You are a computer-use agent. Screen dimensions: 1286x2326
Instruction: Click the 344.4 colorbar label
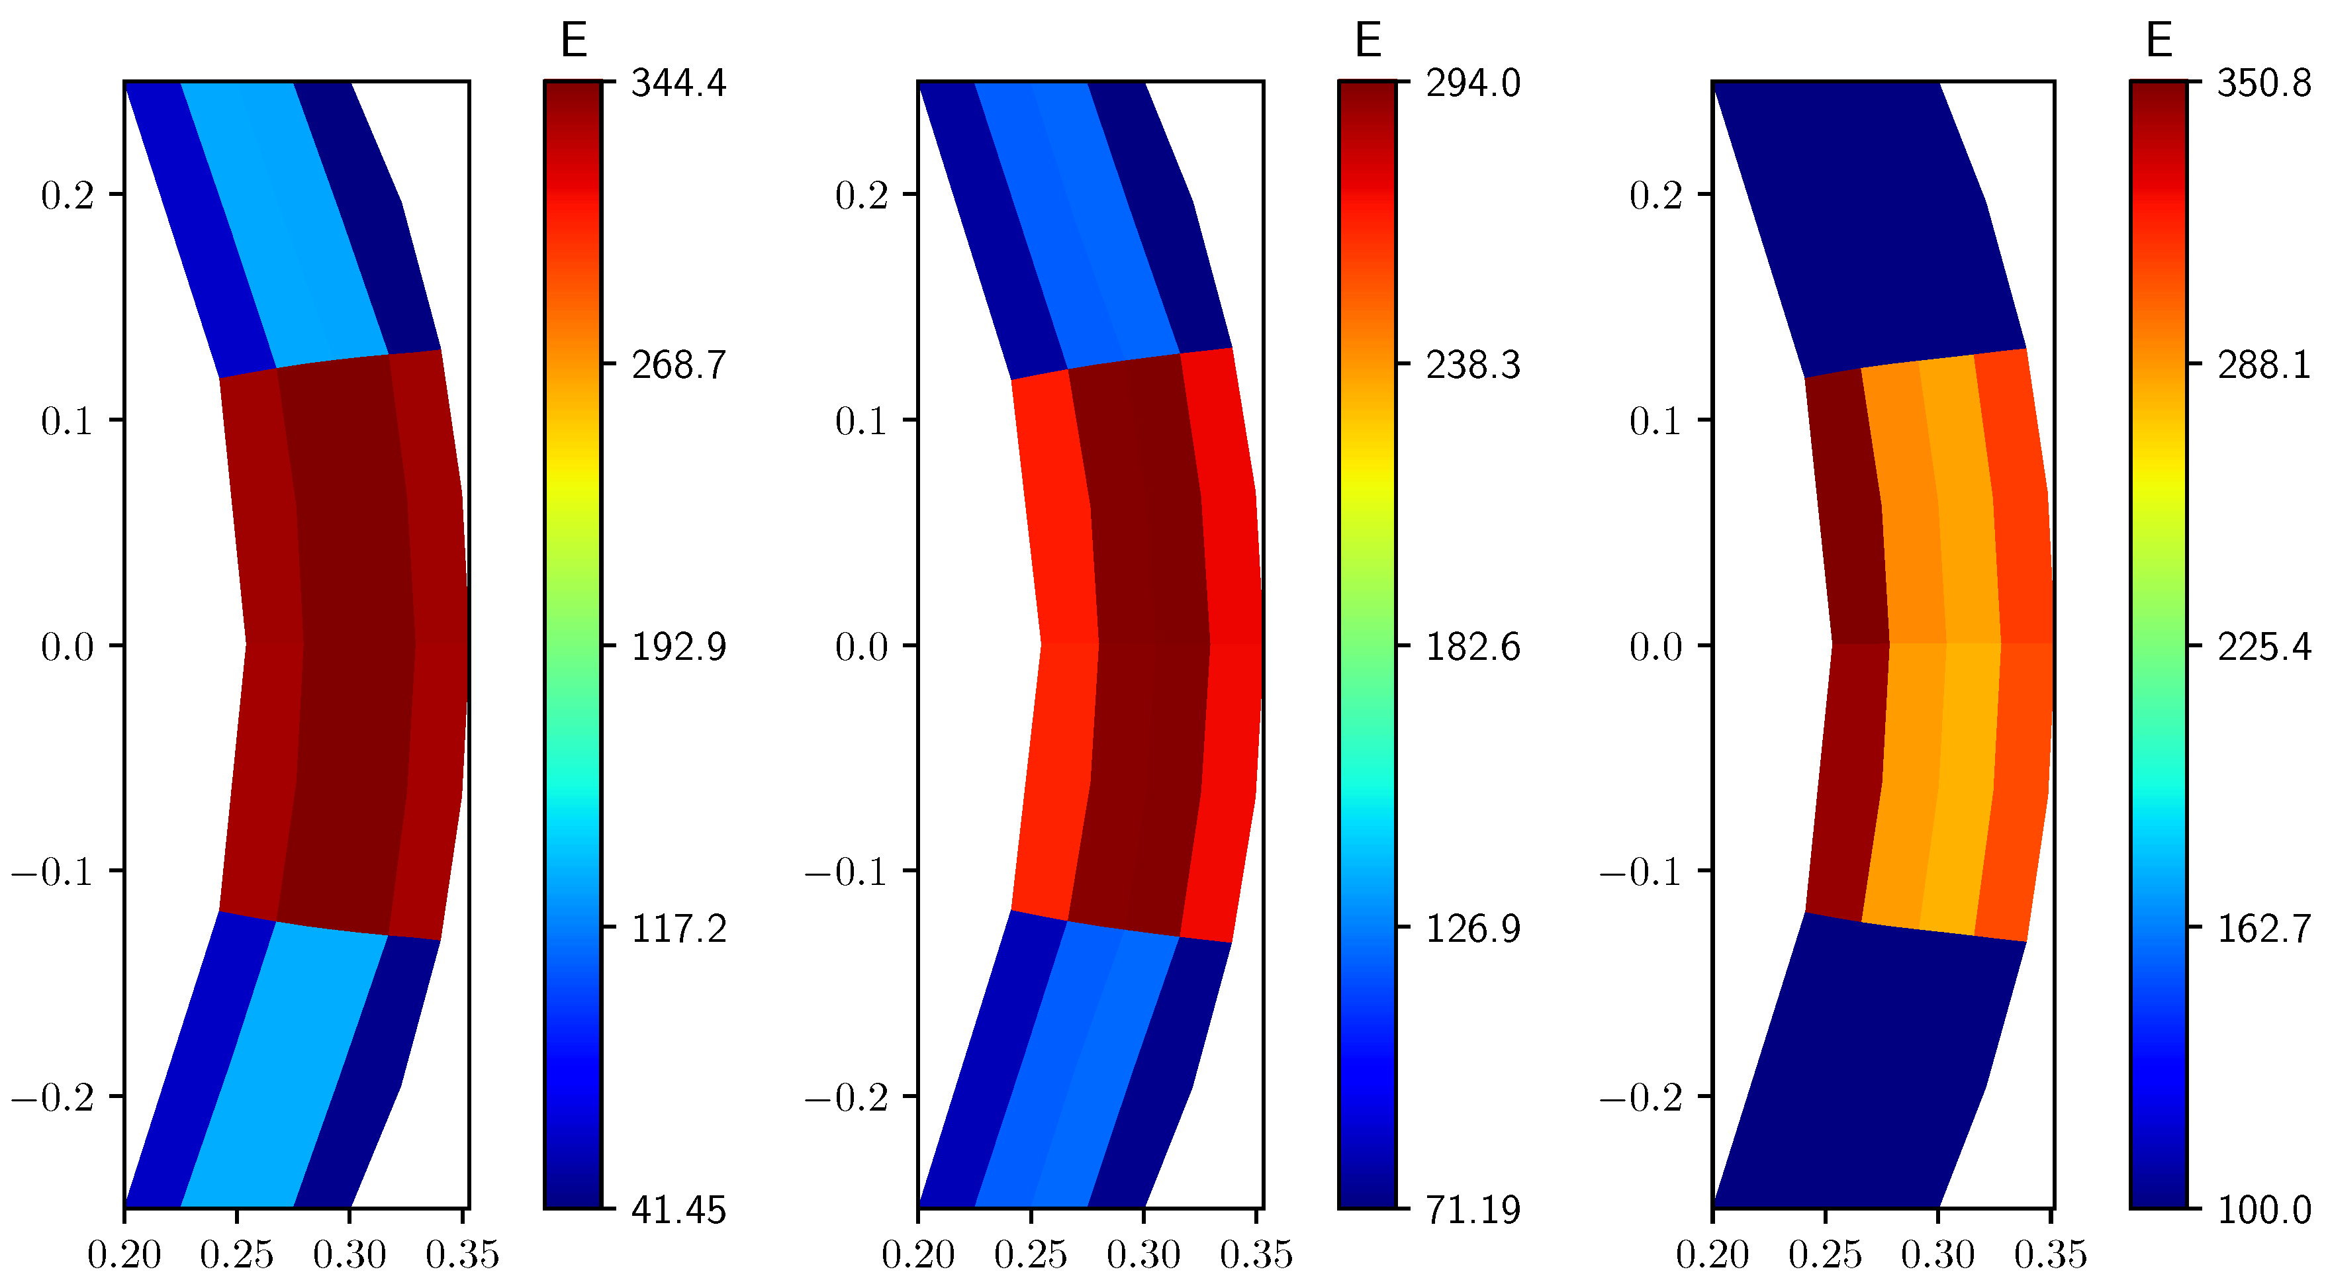[678, 83]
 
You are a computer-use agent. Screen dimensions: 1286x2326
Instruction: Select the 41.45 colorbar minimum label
[678, 1210]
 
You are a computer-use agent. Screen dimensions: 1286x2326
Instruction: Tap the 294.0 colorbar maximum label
[1473, 83]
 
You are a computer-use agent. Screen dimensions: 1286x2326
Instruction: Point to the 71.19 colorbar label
[1473, 1210]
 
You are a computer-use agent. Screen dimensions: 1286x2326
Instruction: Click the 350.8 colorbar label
[2264, 83]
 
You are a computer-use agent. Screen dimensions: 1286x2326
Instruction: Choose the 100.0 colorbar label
[2264, 1210]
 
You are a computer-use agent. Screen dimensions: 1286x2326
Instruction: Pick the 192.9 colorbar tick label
[678, 647]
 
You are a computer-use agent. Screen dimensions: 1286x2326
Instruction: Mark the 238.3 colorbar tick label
[1473, 365]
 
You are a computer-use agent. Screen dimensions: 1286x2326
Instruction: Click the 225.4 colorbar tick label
[2264, 647]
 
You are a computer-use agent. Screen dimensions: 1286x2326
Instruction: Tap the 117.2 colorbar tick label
[678, 929]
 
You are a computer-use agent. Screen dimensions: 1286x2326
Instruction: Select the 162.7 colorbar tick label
[2264, 929]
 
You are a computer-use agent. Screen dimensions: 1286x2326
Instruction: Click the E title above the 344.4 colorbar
[573, 40]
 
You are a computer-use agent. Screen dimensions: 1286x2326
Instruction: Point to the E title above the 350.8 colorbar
[2159, 40]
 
